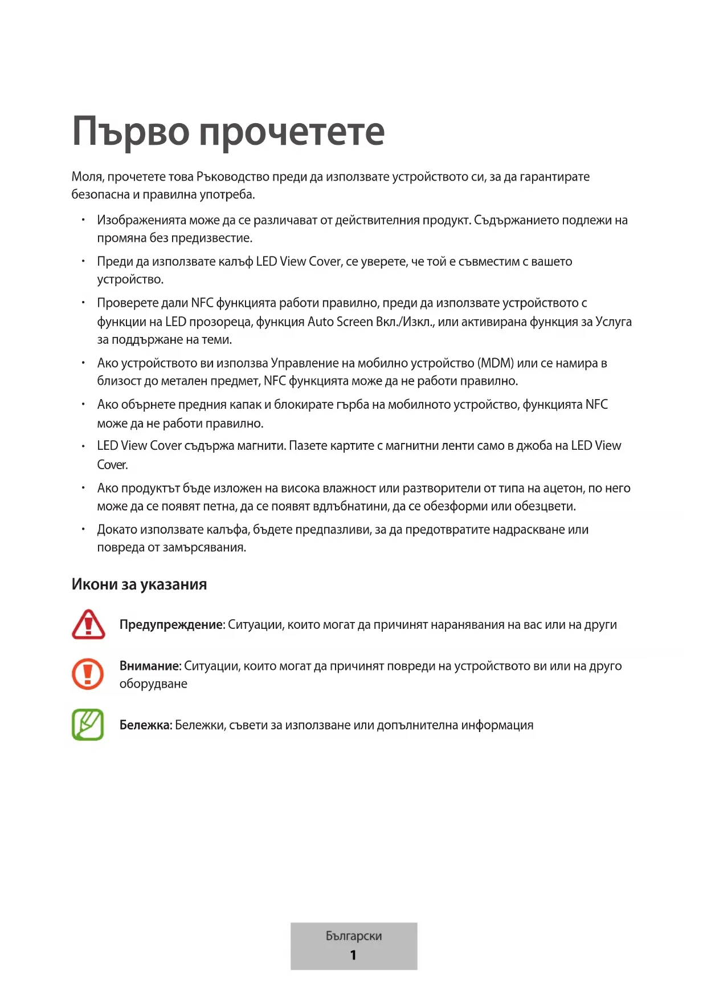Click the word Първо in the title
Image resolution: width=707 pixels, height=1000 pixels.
(130, 132)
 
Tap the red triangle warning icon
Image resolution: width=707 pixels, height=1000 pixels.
(88, 624)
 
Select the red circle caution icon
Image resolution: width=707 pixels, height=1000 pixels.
(88, 674)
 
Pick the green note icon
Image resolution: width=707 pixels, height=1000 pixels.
(88, 725)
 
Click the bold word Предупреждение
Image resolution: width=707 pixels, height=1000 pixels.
(170, 625)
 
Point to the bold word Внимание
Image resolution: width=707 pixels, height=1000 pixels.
(149, 666)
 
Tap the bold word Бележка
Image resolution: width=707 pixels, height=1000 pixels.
(145, 725)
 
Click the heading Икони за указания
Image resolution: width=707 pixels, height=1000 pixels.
(139, 584)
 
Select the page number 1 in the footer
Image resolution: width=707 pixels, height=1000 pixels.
(353, 955)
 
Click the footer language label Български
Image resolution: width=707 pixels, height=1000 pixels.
(354, 936)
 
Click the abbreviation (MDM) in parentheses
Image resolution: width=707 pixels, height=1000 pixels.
(496, 363)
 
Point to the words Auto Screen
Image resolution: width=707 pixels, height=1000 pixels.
(340, 322)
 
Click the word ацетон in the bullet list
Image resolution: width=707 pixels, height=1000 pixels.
(564, 488)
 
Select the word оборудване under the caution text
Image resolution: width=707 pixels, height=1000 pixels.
(153, 684)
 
